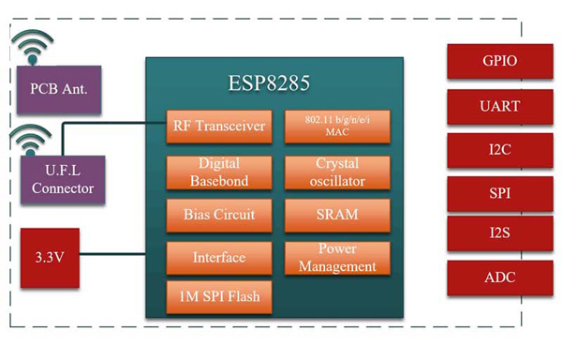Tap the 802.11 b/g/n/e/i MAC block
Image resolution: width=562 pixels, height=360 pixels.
click(x=335, y=127)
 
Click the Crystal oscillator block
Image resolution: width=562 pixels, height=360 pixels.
click(x=335, y=171)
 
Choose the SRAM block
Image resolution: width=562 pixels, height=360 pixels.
click(x=335, y=214)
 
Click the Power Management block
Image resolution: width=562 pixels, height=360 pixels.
click(x=335, y=257)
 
